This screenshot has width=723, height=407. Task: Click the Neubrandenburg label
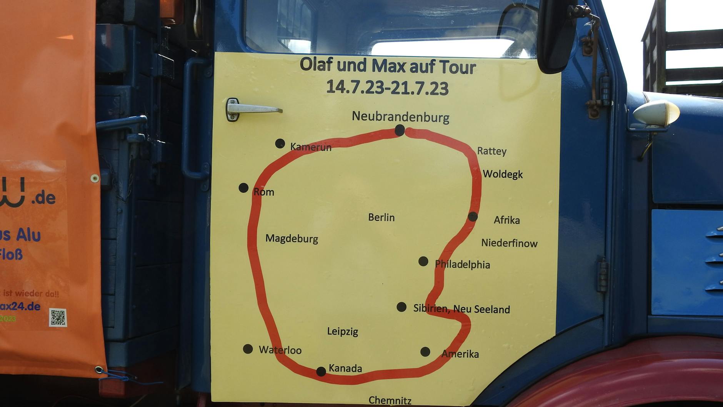[x=400, y=117]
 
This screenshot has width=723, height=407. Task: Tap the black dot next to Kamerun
[x=280, y=143]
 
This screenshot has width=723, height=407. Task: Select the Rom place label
[x=264, y=192]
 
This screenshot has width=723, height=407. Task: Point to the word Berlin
[x=381, y=217]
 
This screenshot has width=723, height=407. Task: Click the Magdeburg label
[x=292, y=239]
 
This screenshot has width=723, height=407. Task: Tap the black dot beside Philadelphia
[x=423, y=262]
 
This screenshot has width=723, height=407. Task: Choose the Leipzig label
[x=342, y=331]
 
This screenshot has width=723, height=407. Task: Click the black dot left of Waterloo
[x=248, y=349]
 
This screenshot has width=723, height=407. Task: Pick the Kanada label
[x=345, y=368]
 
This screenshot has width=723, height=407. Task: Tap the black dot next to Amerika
[x=425, y=352]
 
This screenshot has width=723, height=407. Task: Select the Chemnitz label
[x=390, y=400]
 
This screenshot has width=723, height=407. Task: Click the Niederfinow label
[x=509, y=243]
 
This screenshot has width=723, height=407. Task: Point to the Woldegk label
[x=503, y=174]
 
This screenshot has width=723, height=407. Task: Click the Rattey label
[x=491, y=151]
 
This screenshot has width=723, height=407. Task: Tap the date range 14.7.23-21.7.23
[x=387, y=87]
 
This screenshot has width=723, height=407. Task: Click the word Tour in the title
[x=458, y=67]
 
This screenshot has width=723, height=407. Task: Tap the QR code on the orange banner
[x=58, y=317]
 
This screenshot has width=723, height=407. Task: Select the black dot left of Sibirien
[x=401, y=307]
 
